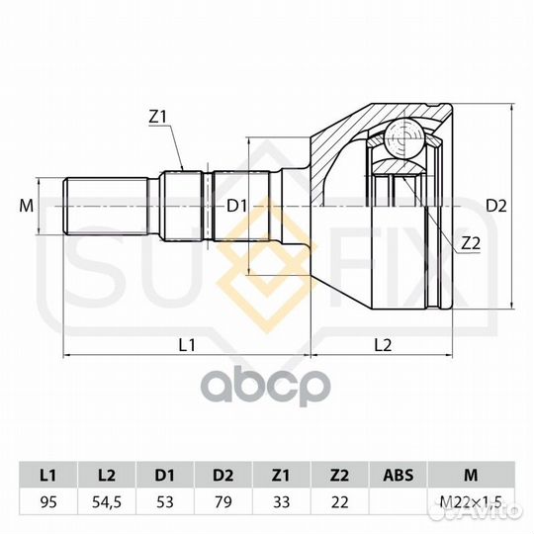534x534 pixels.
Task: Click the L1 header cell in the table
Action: coord(47,474)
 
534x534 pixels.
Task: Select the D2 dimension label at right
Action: coord(496,206)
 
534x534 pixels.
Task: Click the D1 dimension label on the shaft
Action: coord(235,206)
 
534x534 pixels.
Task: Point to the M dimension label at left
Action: coord(26,206)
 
